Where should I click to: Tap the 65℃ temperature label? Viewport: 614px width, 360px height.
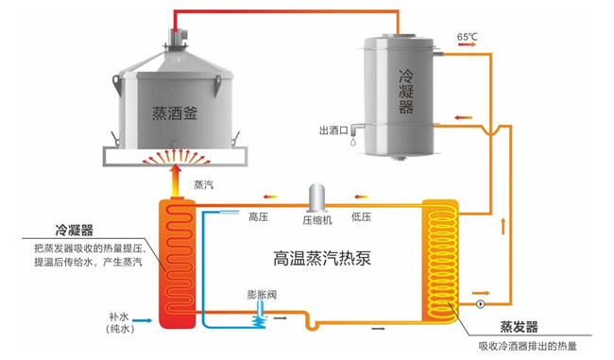tap(469, 37)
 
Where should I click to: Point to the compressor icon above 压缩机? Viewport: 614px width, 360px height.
tap(315, 197)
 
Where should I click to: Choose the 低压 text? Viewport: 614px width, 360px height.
tap(361, 217)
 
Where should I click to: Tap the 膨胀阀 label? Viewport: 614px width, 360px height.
tap(262, 294)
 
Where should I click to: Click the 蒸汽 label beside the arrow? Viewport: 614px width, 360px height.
tap(203, 184)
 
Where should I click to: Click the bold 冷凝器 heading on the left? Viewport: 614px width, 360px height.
tap(75, 230)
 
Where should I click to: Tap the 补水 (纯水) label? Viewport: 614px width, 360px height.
tap(120, 321)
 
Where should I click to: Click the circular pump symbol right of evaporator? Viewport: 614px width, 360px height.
tap(481, 304)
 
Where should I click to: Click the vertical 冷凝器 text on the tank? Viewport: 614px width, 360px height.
tap(406, 91)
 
